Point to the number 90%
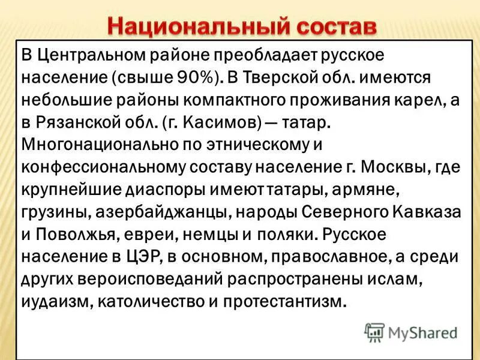[x=191, y=77]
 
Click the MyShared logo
[x=412, y=331]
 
